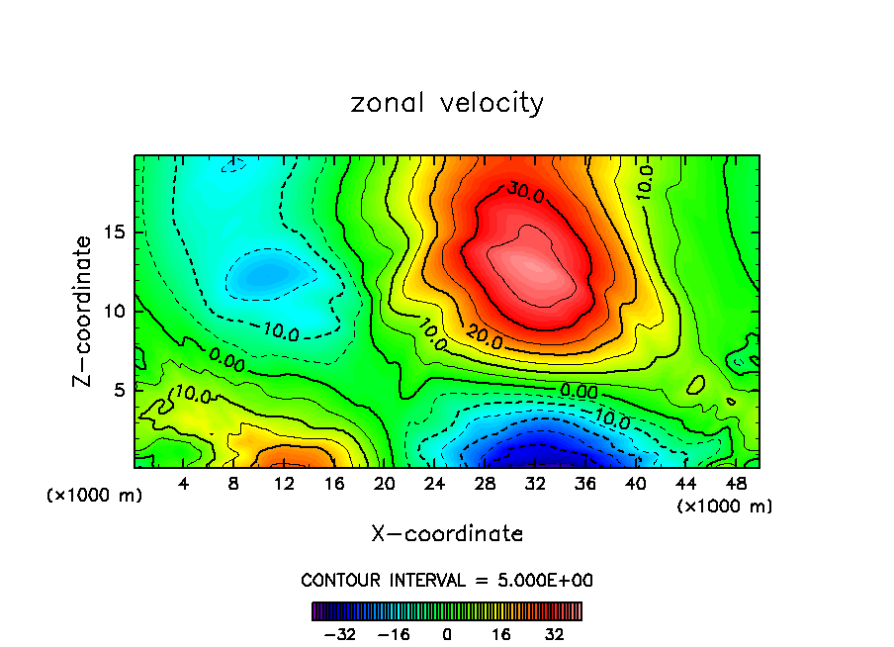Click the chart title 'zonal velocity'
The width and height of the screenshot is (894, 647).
point(447,103)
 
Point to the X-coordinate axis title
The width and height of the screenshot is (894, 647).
point(447,534)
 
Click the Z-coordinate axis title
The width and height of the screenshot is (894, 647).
point(83,311)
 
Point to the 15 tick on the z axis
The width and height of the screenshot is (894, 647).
point(115,233)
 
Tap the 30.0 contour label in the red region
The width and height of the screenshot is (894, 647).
point(525,192)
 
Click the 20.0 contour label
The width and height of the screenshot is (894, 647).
point(484,341)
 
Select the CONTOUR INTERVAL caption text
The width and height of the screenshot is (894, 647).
point(447,581)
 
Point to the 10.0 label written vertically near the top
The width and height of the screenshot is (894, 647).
point(644,184)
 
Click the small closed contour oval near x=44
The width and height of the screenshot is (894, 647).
point(696,384)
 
